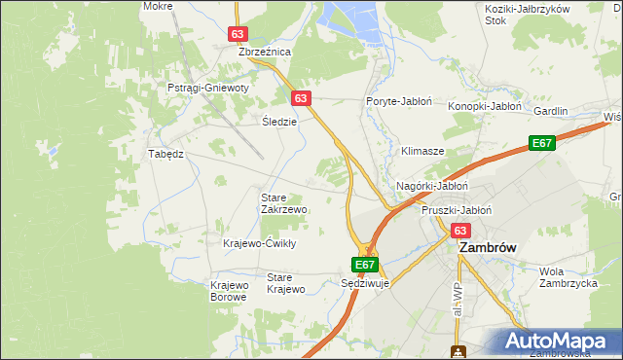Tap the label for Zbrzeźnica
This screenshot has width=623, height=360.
259,52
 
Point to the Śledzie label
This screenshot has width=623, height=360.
279,122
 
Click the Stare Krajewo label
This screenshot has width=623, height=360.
286,283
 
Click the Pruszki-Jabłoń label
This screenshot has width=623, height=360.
457,209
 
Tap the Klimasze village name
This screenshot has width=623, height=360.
422,152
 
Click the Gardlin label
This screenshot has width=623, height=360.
550,111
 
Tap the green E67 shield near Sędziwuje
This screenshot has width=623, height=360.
364,264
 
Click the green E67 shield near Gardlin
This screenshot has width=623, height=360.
542,144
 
